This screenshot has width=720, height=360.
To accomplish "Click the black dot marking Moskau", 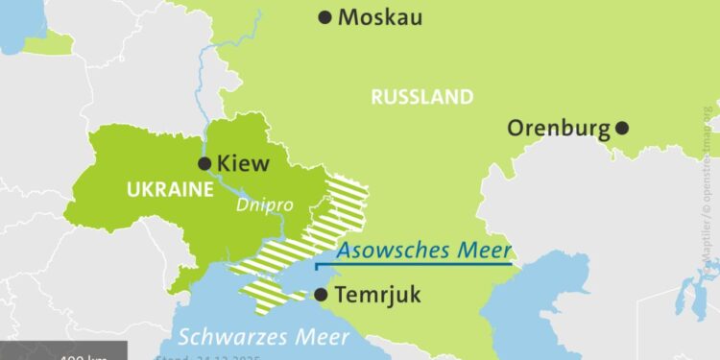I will (x=325, y=16).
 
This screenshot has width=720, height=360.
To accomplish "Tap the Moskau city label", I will (x=381, y=17).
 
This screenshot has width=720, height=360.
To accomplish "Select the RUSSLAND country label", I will (x=421, y=97).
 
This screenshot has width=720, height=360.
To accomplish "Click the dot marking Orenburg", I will (x=622, y=128).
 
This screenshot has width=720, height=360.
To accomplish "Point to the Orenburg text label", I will (x=560, y=128).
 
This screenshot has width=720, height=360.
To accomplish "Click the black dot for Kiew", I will (x=204, y=164).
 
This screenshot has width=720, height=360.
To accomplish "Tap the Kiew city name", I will (x=244, y=164).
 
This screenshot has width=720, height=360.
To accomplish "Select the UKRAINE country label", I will (x=169, y=189).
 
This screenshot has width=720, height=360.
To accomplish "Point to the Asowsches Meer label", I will (x=422, y=252).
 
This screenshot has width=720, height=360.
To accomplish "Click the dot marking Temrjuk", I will (x=320, y=295).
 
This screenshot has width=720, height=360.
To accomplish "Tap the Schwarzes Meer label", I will (x=261, y=337).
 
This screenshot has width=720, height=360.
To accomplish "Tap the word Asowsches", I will (x=389, y=252).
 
